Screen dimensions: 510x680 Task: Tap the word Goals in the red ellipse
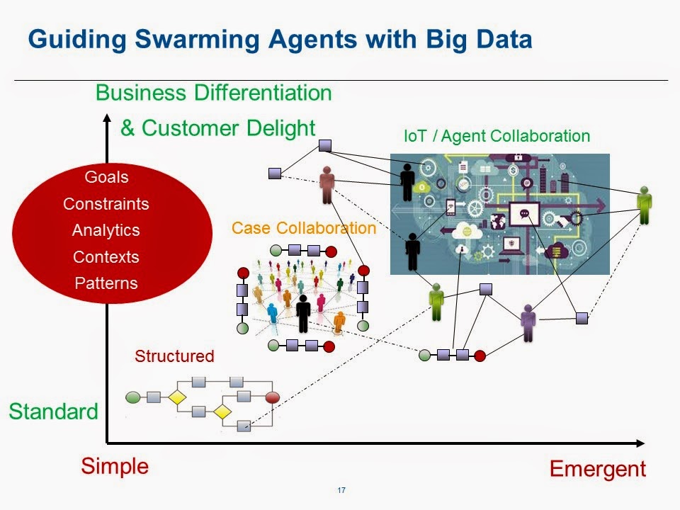(x=106, y=177)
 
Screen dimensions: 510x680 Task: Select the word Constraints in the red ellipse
(x=106, y=204)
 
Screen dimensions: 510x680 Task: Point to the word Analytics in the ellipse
(x=106, y=230)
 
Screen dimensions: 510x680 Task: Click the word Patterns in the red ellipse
(x=106, y=283)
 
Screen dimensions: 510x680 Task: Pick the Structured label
(x=174, y=356)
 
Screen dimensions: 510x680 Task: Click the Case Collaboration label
(x=304, y=228)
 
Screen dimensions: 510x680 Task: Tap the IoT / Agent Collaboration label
(x=497, y=136)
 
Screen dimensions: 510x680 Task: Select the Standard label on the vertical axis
(x=53, y=412)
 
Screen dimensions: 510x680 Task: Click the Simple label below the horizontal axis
(x=115, y=466)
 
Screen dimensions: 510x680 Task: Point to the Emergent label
(x=598, y=468)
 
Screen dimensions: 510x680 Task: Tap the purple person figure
(x=527, y=323)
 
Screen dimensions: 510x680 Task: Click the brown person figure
(x=327, y=185)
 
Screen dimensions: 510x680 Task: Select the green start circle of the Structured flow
(x=132, y=397)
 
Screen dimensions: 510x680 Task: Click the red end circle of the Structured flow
(x=272, y=397)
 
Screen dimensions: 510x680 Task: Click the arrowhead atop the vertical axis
(x=106, y=119)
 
